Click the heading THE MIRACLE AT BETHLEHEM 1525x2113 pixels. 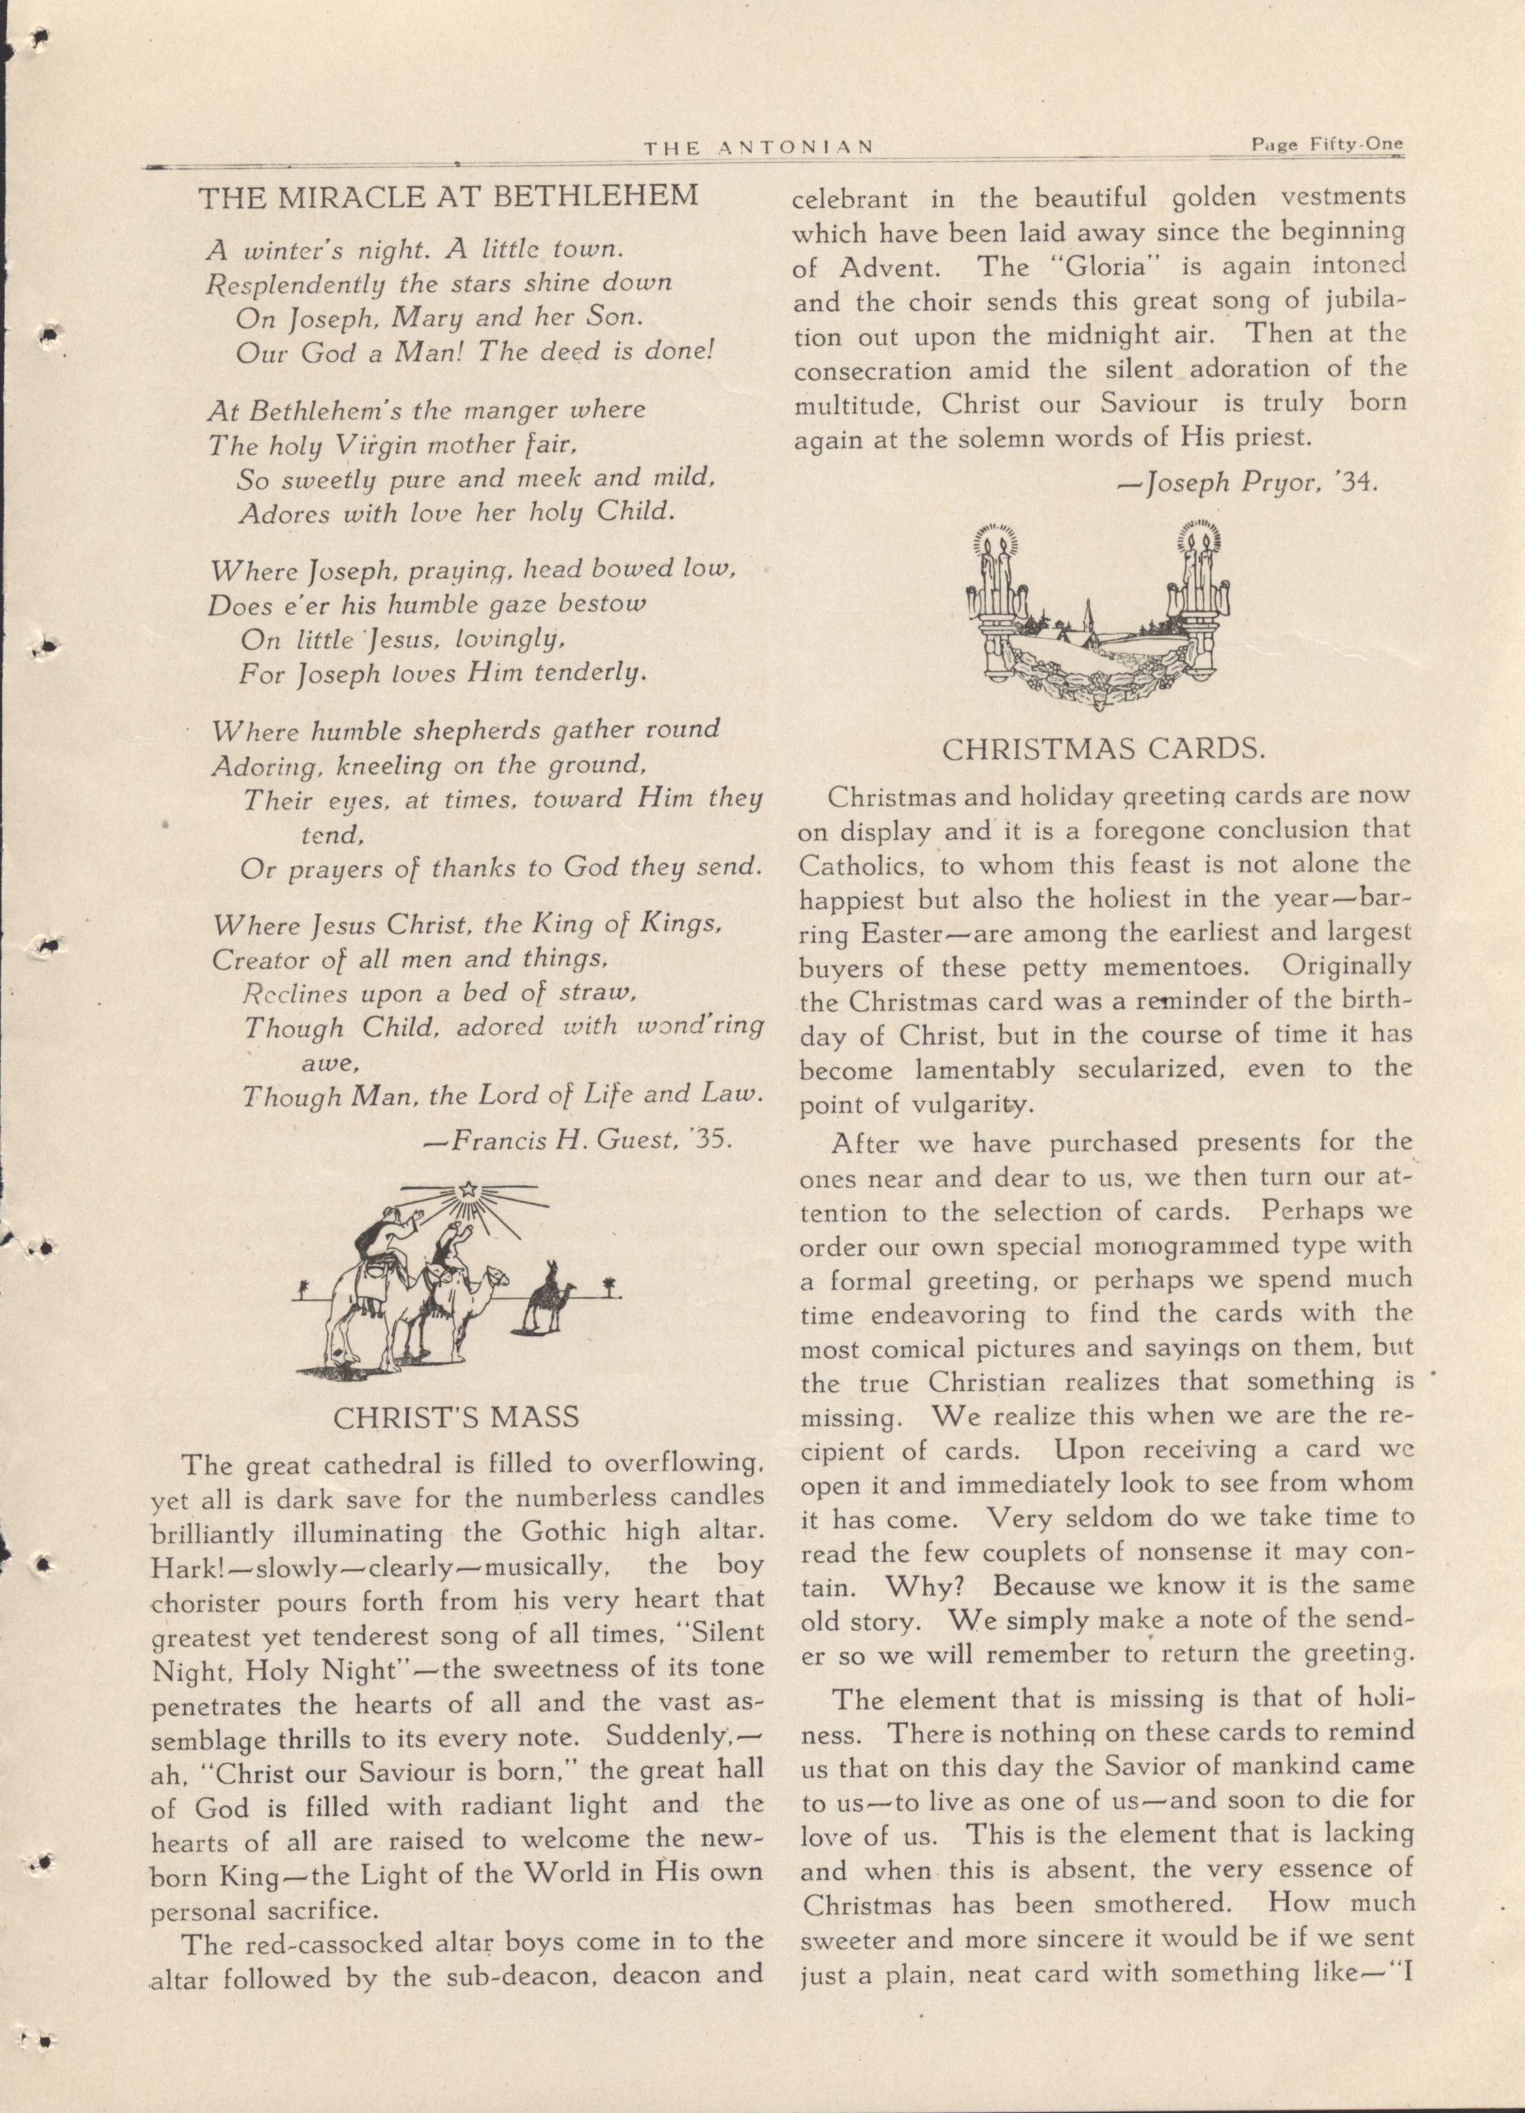pyautogui.click(x=449, y=197)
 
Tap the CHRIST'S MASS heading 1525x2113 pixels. pyautogui.click(x=455, y=1419)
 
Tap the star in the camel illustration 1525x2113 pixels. pyautogui.click(x=468, y=1190)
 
